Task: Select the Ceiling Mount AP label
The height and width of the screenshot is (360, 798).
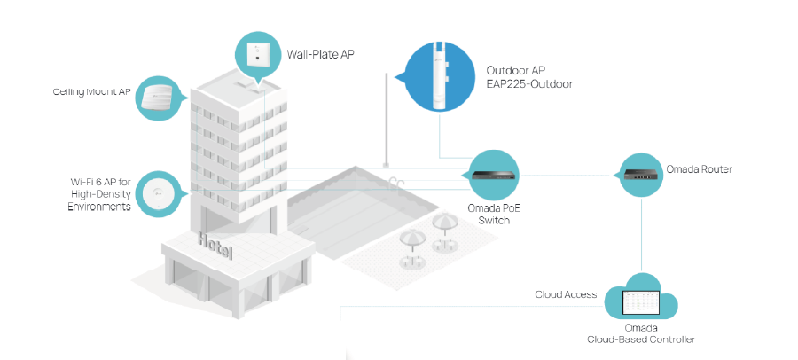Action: pyautogui.click(x=92, y=91)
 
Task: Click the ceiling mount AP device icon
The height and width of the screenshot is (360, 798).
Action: pyautogui.click(x=158, y=98)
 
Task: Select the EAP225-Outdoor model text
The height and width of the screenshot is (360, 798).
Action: pyautogui.click(x=530, y=84)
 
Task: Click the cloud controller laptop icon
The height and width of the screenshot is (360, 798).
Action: pyautogui.click(x=640, y=305)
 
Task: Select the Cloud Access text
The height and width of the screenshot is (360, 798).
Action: pyautogui.click(x=565, y=294)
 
